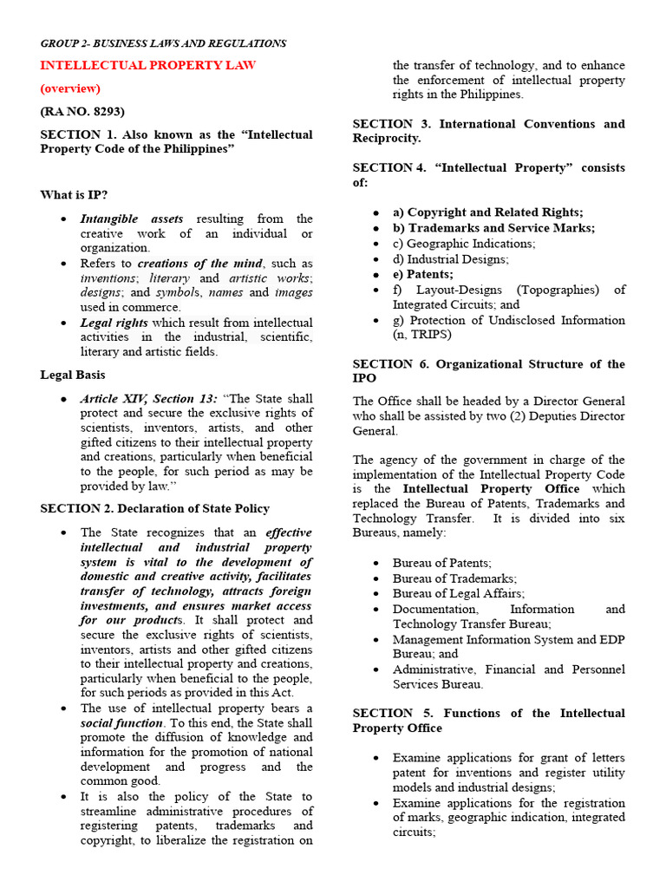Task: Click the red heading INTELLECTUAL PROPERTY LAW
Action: click(147, 65)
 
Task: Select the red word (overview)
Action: click(70, 88)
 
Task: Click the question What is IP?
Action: click(75, 195)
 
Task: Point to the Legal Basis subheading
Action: click(73, 375)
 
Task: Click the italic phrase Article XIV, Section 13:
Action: click(149, 398)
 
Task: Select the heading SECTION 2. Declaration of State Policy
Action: click(154, 508)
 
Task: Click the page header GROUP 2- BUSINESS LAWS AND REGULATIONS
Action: click(163, 43)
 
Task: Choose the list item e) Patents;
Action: click(423, 274)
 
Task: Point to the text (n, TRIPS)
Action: click(422, 334)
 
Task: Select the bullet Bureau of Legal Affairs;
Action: click(459, 593)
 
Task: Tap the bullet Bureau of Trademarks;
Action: click(454, 578)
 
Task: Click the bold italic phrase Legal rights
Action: click(114, 323)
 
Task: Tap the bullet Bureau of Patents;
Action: click(442, 563)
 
